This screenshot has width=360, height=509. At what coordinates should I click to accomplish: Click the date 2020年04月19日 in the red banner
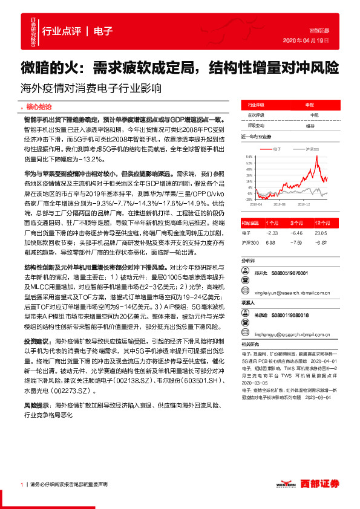pyautogui.click(x=310, y=40)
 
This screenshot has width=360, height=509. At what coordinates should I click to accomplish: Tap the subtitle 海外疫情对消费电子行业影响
pyautogui.click(x=91, y=87)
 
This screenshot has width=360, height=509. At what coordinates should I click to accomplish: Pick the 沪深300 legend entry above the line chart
pyautogui.click(x=310, y=148)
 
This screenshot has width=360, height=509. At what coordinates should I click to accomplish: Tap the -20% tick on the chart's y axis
pyautogui.click(x=249, y=199)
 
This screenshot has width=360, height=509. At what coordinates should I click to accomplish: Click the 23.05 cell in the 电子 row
pyautogui.click(x=321, y=232)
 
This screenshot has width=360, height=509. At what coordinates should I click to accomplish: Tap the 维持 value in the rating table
pyautogui.click(x=310, y=126)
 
